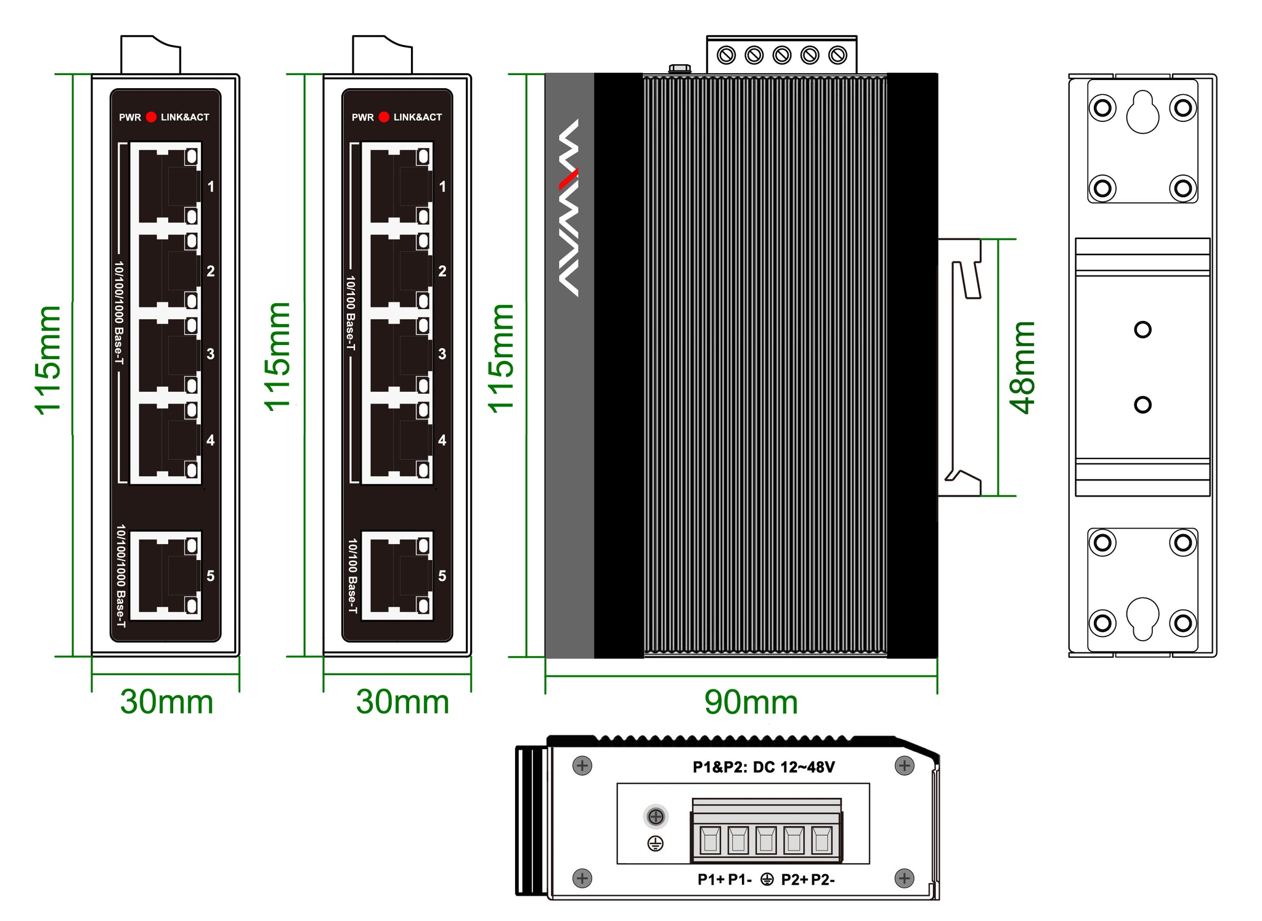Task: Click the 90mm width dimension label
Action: coord(751,702)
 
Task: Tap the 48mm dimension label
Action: coord(1023,368)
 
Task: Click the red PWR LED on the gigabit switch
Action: coord(151,117)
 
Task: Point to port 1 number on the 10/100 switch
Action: coord(442,187)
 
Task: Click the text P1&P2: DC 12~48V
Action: coord(763,767)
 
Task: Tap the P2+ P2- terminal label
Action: coord(808,880)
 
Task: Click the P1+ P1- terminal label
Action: coord(724,880)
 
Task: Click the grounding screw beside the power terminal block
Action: coord(656,817)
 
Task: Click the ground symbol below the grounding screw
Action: coord(656,843)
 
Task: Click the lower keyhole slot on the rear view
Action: coord(1142,618)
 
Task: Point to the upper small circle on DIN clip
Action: coord(1142,330)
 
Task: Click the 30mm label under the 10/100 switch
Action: coord(402,702)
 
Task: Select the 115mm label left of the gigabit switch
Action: coord(48,360)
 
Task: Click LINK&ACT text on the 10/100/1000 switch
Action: coord(185,117)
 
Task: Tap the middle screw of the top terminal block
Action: coord(782,55)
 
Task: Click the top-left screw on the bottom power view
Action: coord(582,766)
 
